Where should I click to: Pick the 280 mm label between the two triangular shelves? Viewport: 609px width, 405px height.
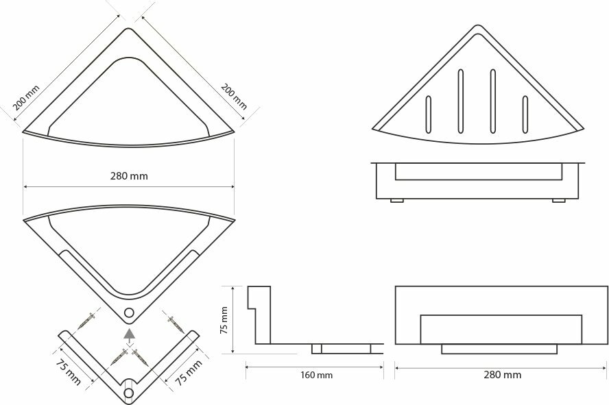point(129,175)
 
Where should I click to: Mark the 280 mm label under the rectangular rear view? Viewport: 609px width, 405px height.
point(502,375)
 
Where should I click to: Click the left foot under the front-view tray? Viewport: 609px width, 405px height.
point(396,200)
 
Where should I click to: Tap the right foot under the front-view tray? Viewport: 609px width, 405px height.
point(559,200)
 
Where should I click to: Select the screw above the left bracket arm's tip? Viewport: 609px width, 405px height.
point(87,320)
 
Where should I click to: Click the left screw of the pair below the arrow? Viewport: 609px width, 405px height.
point(119,356)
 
